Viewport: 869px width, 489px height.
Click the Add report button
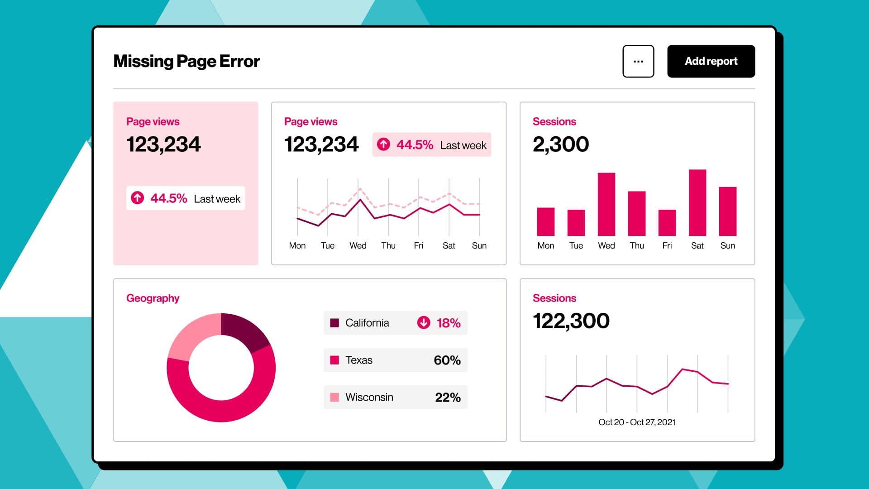711,61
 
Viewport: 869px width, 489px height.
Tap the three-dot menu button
638,61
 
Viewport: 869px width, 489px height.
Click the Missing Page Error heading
186,61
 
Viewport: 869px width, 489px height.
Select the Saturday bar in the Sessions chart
697,203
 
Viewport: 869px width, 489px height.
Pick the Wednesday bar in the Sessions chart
606,204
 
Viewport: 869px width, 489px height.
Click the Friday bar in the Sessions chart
667,223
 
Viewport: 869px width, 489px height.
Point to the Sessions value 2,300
561,144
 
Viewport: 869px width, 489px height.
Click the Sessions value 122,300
571,321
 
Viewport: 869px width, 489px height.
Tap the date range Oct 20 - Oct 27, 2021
637,422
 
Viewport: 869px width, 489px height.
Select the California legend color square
334,323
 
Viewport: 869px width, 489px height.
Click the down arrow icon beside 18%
424,322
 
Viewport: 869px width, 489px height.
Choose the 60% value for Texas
447,360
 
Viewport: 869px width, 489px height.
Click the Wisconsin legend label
369,397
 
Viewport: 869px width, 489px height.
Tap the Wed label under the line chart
358,245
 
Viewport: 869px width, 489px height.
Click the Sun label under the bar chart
727,245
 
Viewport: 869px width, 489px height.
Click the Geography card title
153,298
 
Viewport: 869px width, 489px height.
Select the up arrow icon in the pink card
138,198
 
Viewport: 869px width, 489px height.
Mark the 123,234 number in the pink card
163,144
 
